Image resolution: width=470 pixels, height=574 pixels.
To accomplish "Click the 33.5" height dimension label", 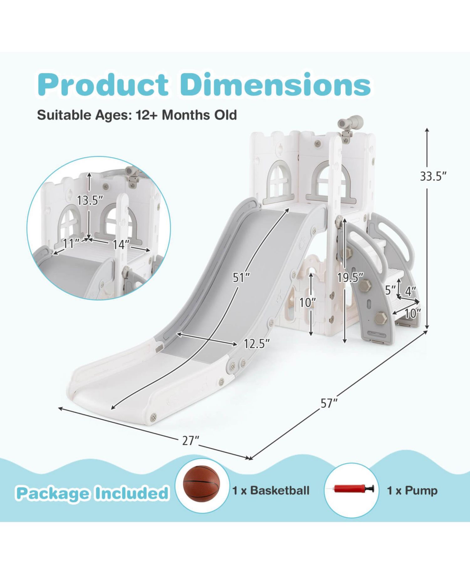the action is (433, 176).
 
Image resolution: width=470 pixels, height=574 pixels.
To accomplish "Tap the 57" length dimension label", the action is (328, 404).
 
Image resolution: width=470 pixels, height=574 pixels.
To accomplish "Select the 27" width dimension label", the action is (191, 441).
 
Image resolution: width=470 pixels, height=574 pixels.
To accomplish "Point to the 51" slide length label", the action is (241, 277).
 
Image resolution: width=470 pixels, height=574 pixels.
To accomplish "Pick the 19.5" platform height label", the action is (350, 277).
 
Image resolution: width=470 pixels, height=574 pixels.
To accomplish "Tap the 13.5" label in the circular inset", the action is (90, 200).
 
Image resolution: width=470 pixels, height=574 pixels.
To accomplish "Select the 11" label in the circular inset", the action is (71, 243).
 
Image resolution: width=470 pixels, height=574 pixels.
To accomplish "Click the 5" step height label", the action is (390, 290).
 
